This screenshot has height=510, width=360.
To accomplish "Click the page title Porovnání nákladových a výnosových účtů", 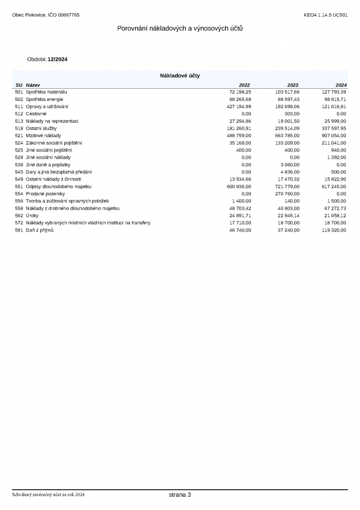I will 180,29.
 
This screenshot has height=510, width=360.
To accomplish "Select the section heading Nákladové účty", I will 180,75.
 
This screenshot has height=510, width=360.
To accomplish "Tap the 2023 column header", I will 293,85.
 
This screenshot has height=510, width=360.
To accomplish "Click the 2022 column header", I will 245,85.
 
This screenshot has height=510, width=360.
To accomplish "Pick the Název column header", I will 33,85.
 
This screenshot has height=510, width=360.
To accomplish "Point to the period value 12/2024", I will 58,59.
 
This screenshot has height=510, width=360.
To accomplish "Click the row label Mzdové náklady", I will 43,136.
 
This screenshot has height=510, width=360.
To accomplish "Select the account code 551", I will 19,187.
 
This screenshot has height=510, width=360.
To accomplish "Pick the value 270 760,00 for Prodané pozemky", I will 286,194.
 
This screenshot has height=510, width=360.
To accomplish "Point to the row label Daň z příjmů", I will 40,231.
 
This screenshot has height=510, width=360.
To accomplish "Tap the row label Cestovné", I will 36,114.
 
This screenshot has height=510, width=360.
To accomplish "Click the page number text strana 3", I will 180,495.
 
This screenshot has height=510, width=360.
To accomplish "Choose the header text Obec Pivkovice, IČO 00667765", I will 45,15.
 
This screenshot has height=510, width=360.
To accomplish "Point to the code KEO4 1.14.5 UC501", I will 325,15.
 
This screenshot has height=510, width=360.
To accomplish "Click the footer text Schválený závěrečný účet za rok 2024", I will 48,495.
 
